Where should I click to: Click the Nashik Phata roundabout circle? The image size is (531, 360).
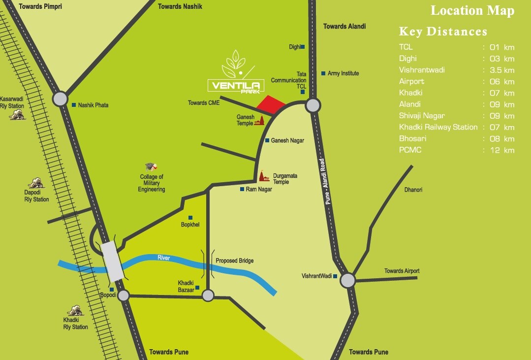coord(60,98)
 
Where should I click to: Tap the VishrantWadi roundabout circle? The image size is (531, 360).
coord(347,281)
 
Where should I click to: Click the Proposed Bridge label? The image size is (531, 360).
coord(234,261)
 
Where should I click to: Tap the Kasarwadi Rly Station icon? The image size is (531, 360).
coord(17,115)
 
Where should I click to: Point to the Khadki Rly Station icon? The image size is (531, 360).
coord(75,310)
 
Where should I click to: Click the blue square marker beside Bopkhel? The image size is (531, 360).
coord(190,218)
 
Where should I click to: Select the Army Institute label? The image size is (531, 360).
coord(344,73)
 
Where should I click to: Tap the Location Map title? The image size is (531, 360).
coord(472,11)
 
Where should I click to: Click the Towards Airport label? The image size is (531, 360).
coord(402,271)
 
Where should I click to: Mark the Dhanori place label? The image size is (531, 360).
coord(413,190)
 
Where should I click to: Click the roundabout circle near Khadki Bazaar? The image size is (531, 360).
coord(208,295)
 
